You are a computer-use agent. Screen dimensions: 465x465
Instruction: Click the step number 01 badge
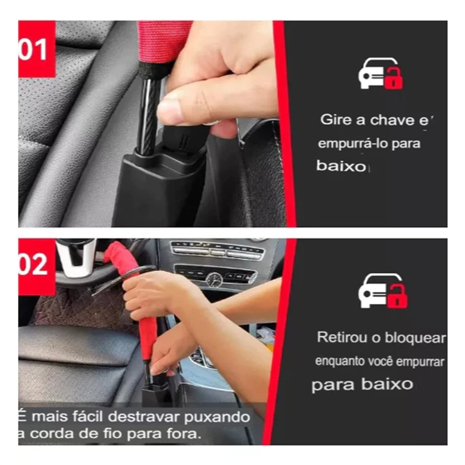pos(37,49)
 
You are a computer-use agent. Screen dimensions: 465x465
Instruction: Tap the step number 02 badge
pos(37,266)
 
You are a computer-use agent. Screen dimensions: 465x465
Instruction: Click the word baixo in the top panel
pos(341,166)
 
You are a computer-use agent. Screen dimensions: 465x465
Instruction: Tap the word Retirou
pos(342,337)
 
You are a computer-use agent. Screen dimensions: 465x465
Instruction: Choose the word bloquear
pos(415,338)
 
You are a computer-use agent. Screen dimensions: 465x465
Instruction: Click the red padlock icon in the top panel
pos(394,79)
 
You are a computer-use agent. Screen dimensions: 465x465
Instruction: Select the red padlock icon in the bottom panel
pos(398,296)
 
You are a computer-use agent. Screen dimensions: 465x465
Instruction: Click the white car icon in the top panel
pos(375,73)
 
